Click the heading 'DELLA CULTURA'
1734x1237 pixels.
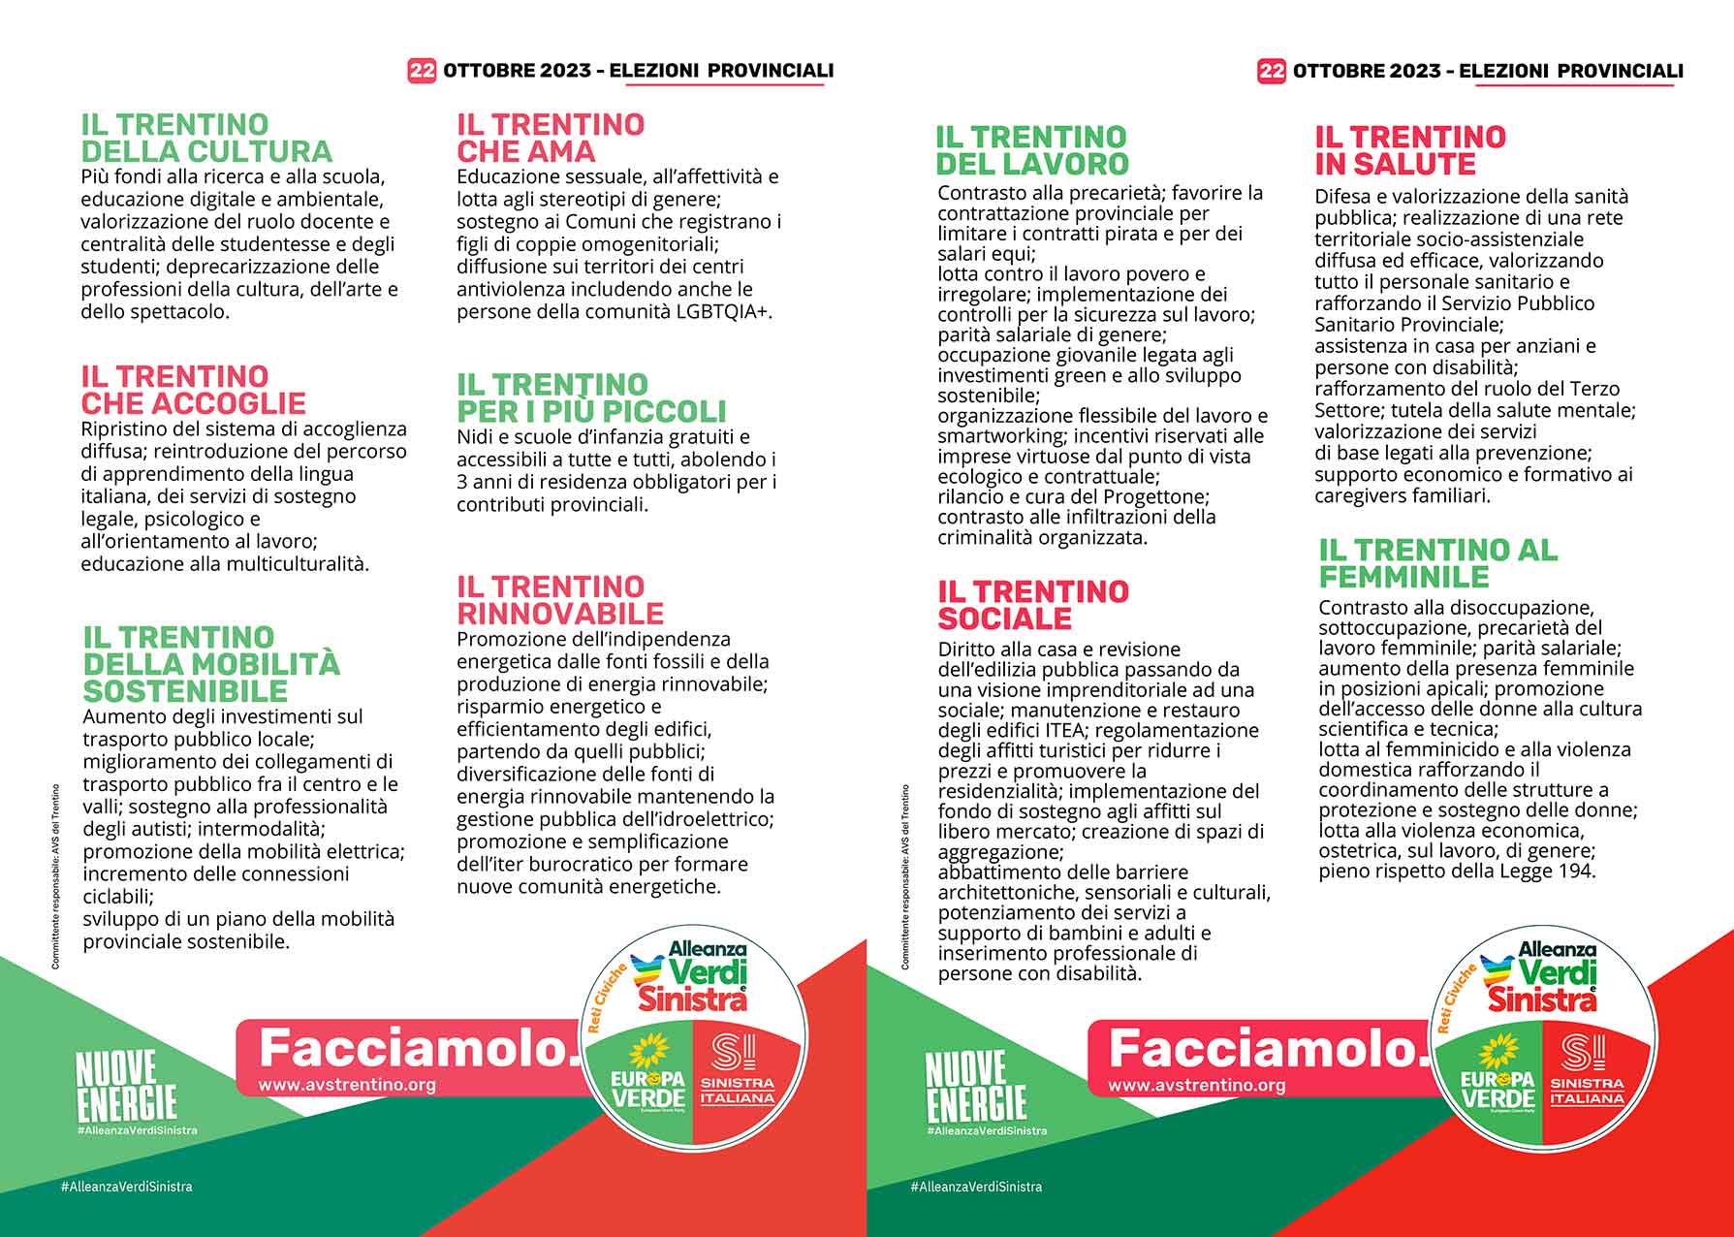205,152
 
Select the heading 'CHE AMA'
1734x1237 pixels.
526,152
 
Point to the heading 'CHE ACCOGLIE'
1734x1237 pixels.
193,403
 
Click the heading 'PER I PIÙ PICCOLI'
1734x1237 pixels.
591,411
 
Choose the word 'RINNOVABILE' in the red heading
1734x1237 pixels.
560,614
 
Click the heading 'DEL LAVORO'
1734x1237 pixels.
1032,164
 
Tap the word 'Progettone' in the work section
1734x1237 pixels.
1152,497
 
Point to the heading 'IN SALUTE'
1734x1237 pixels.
1395,164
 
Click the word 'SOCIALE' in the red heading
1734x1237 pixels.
1004,618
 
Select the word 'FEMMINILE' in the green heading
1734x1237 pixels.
1403,577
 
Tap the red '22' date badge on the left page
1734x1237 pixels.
422,71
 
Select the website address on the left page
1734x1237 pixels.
346,1086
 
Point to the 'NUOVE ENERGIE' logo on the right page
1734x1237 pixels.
975,1087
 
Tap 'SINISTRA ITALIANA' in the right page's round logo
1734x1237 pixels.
1587,1091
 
